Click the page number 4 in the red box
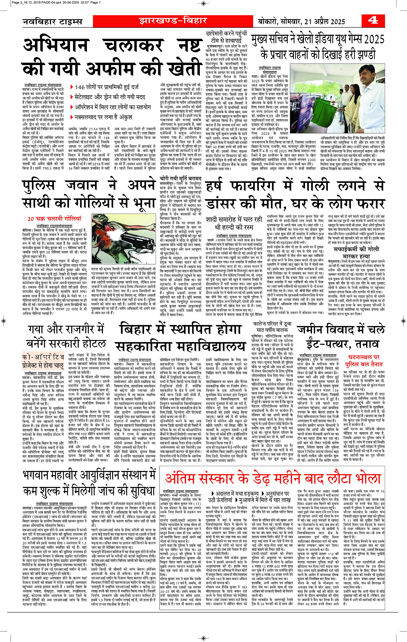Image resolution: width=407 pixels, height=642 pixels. [373, 21]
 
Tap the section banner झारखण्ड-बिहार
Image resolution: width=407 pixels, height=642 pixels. [173, 21]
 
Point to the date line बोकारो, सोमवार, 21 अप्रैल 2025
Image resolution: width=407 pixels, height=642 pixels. [301, 21]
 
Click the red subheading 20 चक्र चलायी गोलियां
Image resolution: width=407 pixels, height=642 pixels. [54, 219]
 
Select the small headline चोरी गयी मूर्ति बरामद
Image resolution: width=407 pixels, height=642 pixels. [181, 178]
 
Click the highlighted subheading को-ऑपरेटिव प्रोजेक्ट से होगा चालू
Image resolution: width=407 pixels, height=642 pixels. [43, 361]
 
